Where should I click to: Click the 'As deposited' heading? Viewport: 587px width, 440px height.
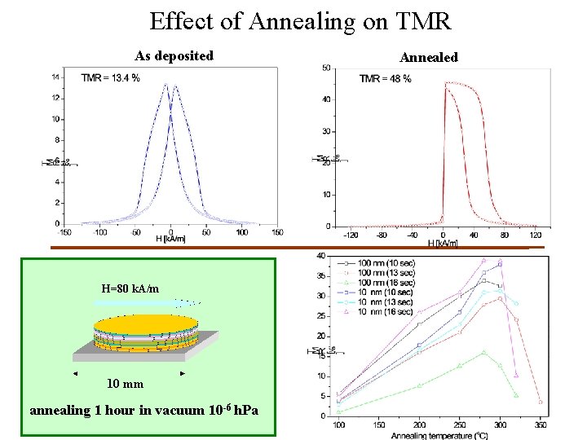pos(174,56)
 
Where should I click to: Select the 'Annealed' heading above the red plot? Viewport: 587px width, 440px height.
pos(429,57)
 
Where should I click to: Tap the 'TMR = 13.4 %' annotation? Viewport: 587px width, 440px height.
pos(110,77)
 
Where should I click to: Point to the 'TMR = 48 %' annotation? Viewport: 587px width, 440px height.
pos(385,78)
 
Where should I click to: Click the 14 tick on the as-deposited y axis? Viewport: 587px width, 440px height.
pos(55,77)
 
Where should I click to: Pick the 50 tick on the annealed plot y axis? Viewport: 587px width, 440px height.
pos(325,68)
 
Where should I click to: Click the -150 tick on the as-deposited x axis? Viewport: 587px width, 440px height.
pos(66,232)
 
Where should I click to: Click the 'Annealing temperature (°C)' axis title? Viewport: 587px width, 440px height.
pos(440,434)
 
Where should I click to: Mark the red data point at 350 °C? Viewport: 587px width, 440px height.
pos(540,402)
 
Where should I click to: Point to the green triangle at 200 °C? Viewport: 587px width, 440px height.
pos(420,385)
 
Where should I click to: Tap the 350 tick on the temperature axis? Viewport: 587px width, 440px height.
pos(540,425)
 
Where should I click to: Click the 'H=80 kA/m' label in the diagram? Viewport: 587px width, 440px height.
pos(130,288)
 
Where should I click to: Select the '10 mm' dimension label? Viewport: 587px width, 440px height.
pos(126,384)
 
